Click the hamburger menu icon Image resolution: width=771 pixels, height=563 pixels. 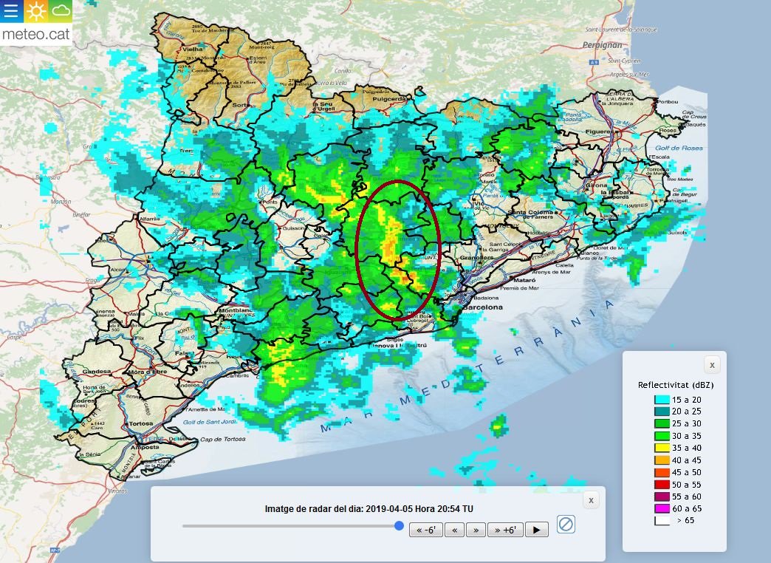(12, 12)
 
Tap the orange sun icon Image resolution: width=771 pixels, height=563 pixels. (36, 12)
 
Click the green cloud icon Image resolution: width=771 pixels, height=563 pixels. (61, 12)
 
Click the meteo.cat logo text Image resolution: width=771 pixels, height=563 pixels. (35, 34)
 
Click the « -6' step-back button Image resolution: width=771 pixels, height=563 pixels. (426, 529)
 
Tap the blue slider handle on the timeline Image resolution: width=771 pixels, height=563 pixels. (399, 526)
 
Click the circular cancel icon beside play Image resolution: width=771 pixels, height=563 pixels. (566, 525)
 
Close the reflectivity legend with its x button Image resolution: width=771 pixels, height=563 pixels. (711, 365)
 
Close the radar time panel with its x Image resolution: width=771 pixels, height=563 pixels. (590, 500)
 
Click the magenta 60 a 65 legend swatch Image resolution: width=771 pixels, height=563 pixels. (661, 508)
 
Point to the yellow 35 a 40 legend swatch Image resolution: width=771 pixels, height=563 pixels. (661, 448)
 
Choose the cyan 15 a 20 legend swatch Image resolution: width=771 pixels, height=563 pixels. (661, 400)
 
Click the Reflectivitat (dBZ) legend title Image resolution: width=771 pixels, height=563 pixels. (676, 385)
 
